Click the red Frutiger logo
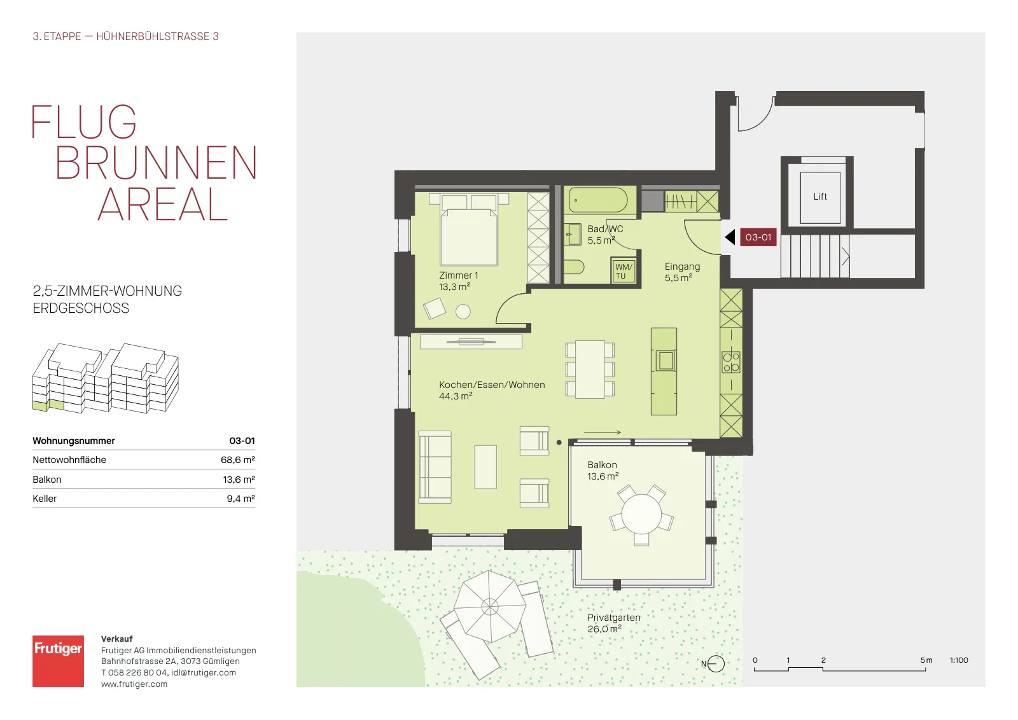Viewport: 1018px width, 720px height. coord(58,661)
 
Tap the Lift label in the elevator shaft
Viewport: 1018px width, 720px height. coord(820,197)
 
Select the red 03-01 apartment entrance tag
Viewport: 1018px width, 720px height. coord(758,237)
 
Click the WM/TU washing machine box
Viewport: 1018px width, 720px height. coord(623,271)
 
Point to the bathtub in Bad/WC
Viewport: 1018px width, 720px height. coord(598,200)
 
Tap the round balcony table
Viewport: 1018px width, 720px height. coord(641,514)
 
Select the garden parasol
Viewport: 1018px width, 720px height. coord(490,606)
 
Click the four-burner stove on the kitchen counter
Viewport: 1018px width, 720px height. coord(731,362)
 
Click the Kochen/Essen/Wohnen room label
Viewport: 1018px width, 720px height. coord(492,385)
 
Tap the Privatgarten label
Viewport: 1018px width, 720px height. coord(613,618)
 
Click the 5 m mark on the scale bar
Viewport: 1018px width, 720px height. coord(926,660)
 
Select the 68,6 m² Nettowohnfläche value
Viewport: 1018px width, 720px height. coord(238,460)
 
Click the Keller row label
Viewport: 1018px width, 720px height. coord(45,498)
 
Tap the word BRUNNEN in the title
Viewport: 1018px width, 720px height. coord(157,163)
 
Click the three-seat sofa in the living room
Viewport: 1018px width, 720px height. coord(435,467)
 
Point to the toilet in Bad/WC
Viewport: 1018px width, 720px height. coord(573,267)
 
